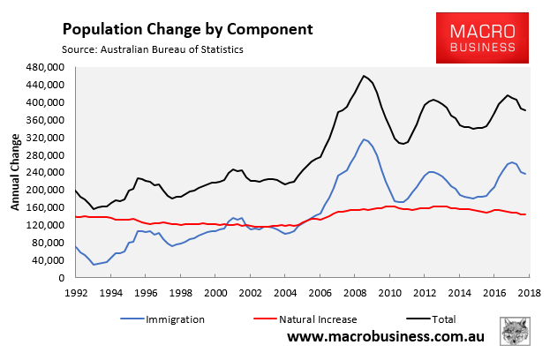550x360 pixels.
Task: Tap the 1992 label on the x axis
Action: (x=76, y=292)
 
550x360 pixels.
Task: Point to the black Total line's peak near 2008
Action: (x=364, y=76)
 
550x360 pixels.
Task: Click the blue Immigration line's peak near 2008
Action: (x=364, y=139)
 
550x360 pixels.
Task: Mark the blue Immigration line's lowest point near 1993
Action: (x=94, y=265)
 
